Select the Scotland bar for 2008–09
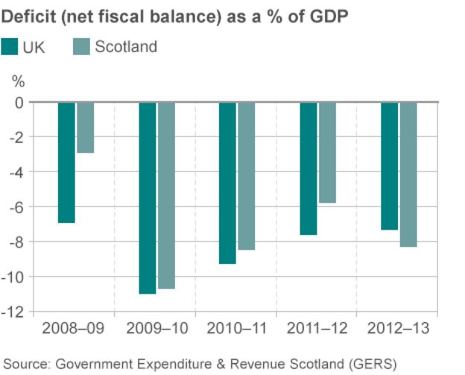pos(85,127)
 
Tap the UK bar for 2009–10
pos(147,198)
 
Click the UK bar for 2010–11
pos(227,183)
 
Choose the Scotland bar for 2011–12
pos(327,152)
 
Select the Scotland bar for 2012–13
pos(408,174)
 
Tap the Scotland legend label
pos(126,47)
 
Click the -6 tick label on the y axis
pos(21,207)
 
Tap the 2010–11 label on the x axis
pos(235,328)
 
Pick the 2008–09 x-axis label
pos(73,328)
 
